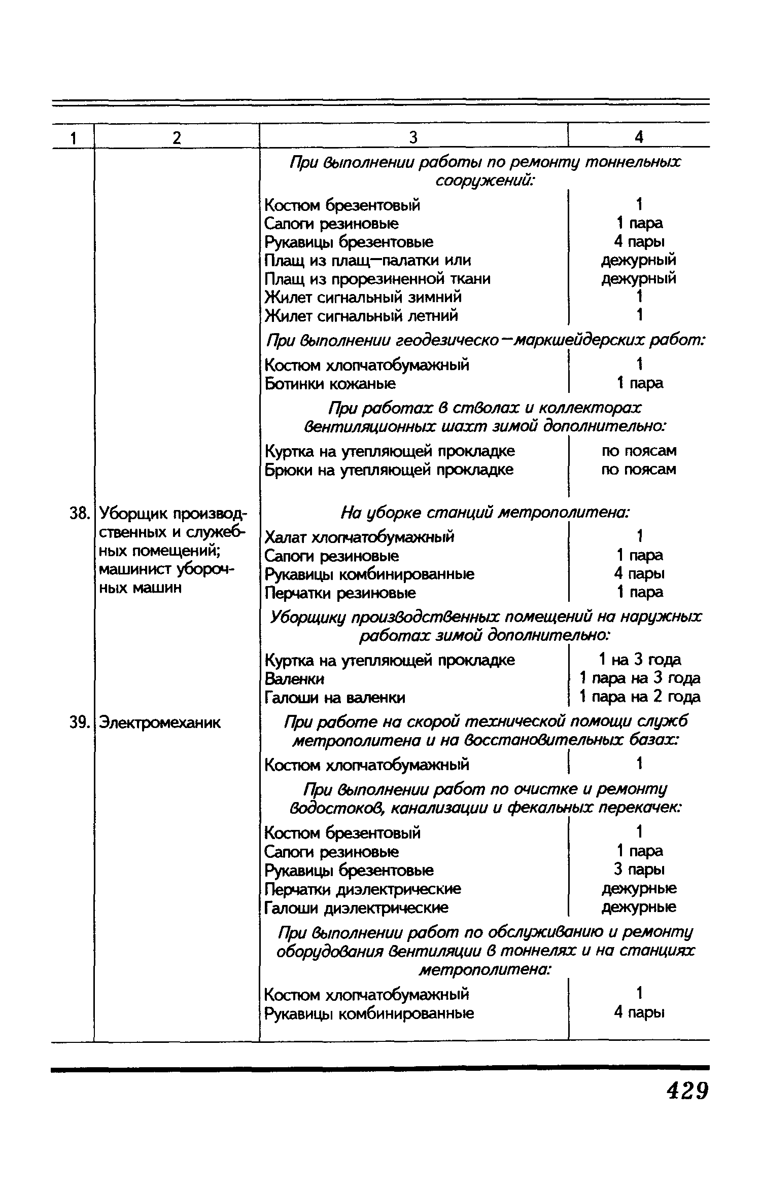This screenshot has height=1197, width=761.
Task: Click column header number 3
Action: (x=413, y=137)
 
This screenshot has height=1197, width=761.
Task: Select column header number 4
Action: (x=639, y=137)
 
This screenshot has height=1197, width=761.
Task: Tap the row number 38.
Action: (x=79, y=514)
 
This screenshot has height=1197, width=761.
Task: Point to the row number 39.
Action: (x=79, y=722)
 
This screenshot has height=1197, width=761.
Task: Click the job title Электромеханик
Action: (x=160, y=722)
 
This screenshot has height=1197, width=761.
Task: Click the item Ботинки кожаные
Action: (x=330, y=384)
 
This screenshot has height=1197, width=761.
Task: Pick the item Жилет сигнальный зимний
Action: (x=363, y=297)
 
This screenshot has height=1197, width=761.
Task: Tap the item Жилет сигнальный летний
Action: (x=361, y=315)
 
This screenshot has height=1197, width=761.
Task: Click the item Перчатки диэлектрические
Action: (x=363, y=889)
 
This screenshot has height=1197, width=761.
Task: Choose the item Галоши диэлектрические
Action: (x=356, y=907)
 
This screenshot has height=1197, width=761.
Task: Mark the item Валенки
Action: (x=295, y=678)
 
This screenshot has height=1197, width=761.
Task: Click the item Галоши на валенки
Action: (x=335, y=698)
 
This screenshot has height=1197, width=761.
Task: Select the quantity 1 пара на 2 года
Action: (x=639, y=697)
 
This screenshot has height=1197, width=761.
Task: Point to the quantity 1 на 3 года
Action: (x=639, y=660)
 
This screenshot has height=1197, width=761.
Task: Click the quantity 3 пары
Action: (x=639, y=869)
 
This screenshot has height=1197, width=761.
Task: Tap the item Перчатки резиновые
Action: (x=340, y=592)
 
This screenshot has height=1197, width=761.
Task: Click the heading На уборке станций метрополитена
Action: (x=485, y=513)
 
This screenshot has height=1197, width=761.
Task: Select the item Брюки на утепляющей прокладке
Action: (x=389, y=470)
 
